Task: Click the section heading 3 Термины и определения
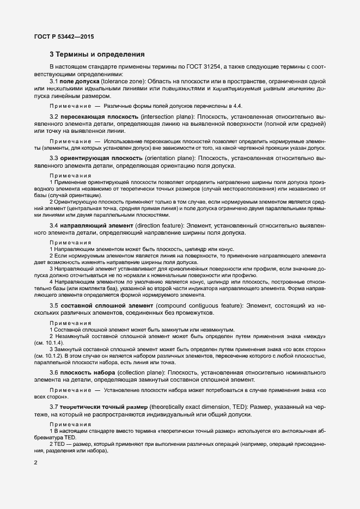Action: coord(97,54)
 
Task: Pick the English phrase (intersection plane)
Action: coord(166,117)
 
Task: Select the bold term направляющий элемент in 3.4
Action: coord(96,225)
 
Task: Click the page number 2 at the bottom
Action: coord(36,463)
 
